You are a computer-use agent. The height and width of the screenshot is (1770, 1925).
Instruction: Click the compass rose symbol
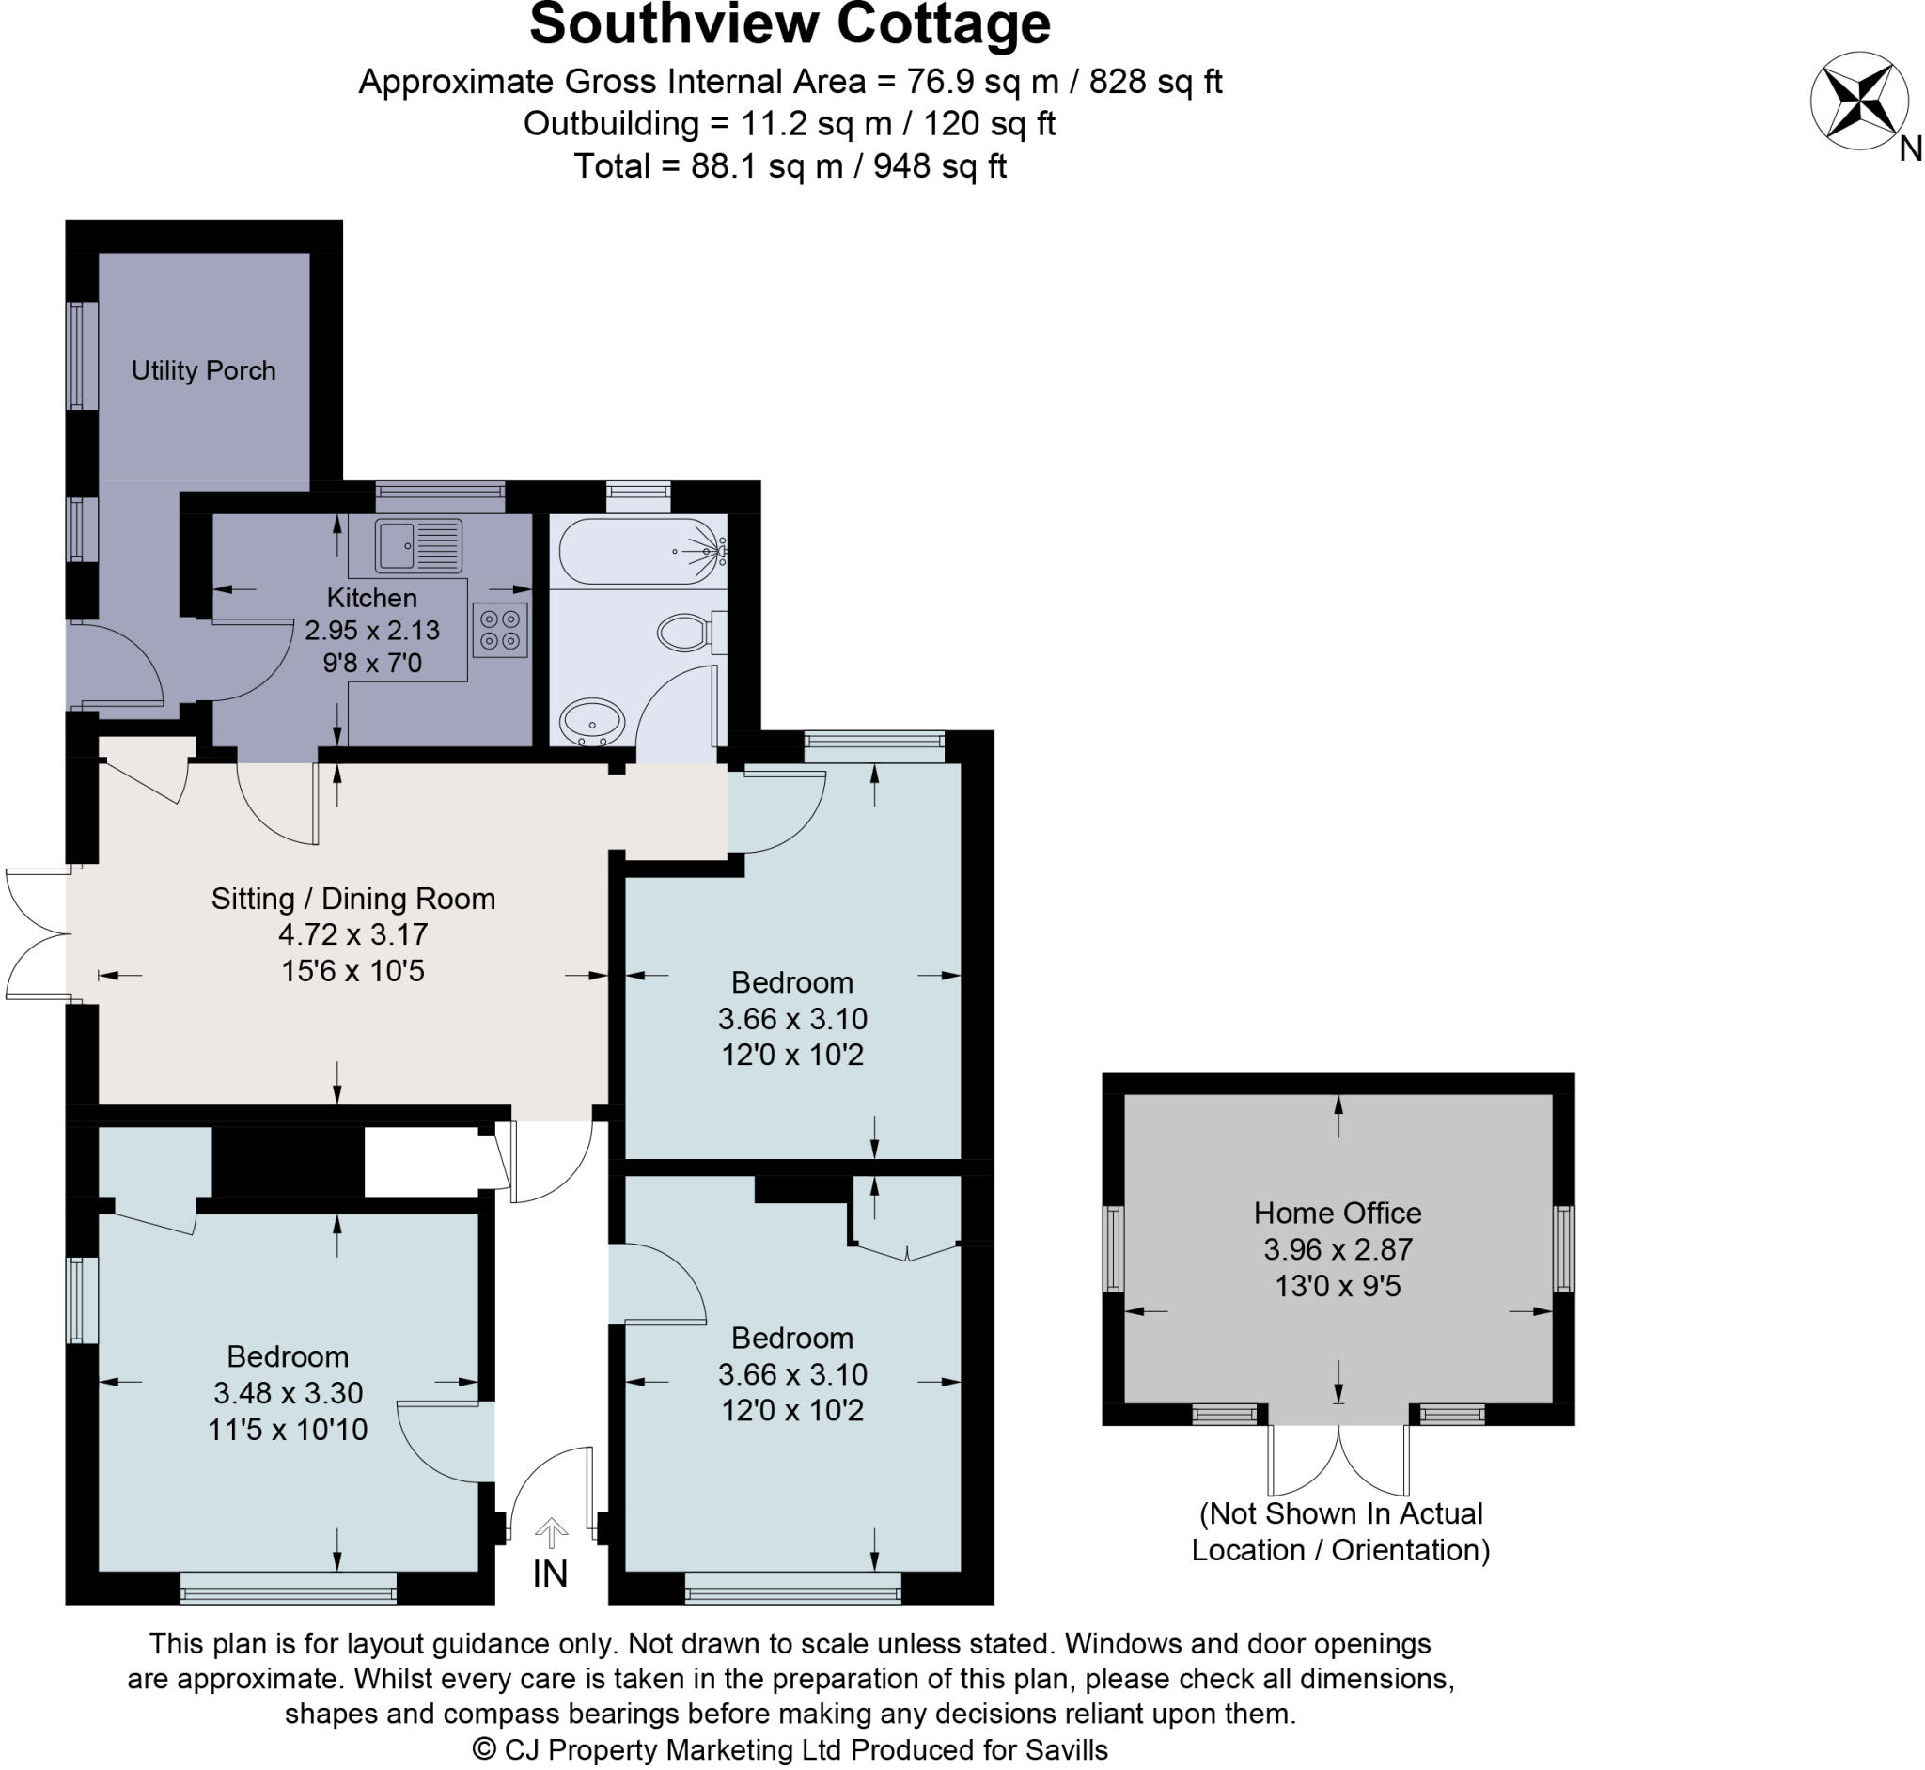click(x=1858, y=101)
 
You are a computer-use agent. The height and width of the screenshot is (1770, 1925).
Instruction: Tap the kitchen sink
click(x=417, y=546)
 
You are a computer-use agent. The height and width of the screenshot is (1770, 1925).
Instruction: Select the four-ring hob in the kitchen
click(x=500, y=630)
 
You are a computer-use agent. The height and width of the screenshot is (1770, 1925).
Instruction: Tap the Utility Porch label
click(x=203, y=370)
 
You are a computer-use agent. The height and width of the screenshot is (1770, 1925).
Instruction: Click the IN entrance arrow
click(x=551, y=1533)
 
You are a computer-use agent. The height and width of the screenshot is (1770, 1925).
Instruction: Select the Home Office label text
click(x=1337, y=1214)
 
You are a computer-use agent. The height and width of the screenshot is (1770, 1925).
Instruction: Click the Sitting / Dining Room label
click(x=353, y=899)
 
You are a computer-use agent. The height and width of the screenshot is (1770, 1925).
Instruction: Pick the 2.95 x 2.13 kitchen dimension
click(x=371, y=630)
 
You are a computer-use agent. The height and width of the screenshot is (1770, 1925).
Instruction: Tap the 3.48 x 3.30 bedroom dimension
click(x=288, y=1393)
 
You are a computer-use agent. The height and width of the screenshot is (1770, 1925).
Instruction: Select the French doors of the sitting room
click(x=37, y=933)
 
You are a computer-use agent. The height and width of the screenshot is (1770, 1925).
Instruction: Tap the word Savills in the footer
click(x=1066, y=1750)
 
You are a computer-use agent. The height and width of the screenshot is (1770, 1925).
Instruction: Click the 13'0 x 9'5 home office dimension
click(x=1337, y=1286)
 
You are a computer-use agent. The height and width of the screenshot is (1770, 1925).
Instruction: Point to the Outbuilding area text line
click(x=790, y=124)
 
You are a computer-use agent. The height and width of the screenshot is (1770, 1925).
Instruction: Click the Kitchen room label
click(x=371, y=598)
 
